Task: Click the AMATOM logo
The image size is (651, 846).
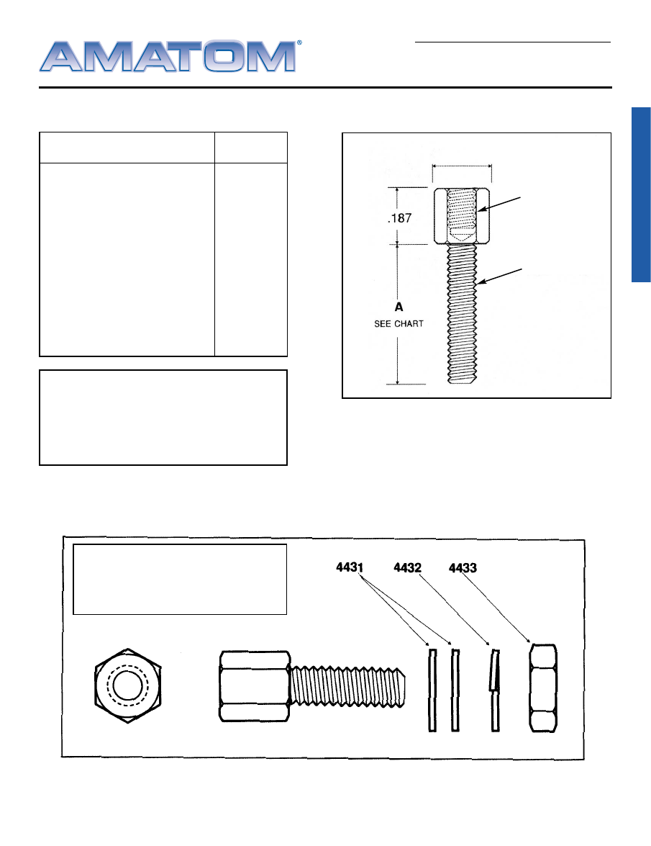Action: point(167,55)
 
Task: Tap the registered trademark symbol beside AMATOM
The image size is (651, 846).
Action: point(299,43)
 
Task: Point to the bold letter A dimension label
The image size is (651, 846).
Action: point(398,307)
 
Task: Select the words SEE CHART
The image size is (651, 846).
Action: point(399,324)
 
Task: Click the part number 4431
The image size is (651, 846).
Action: point(350,567)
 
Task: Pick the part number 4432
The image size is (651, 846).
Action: point(407,567)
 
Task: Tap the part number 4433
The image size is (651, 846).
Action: point(463,567)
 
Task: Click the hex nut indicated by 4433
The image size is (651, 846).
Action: point(543,688)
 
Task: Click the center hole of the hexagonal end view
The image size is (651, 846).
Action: point(127,688)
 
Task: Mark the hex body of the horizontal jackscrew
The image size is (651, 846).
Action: point(255,685)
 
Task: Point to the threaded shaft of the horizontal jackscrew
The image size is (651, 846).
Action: point(349,685)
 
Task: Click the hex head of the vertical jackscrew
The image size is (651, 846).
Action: point(462,215)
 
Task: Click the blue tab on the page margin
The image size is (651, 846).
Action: point(641,195)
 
